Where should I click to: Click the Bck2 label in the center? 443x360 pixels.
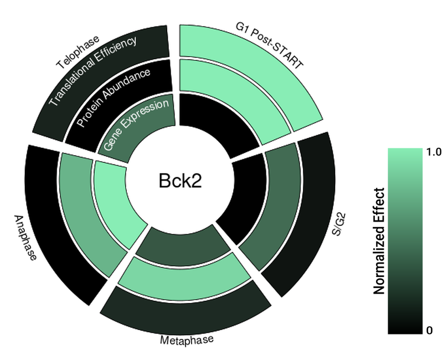click(x=176, y=181)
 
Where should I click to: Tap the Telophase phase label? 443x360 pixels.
click(x=78, y=53)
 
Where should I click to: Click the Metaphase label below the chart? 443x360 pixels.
click(x=186, y=339)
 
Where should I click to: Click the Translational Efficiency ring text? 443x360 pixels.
click(x=92, y=71)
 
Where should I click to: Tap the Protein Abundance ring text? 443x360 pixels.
click(x=114, y=97)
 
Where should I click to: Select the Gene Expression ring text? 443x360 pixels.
click(x=136, y=126)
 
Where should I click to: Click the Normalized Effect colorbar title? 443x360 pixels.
click(x=379, y=240)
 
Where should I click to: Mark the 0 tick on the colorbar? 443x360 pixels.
click(x=430, y=331)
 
